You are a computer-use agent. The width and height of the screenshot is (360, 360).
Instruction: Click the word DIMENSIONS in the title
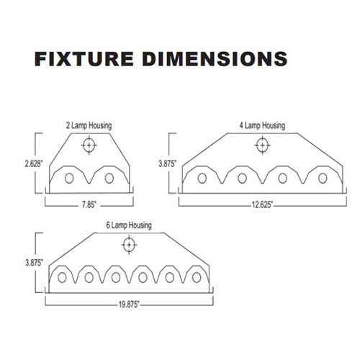coord(215,59)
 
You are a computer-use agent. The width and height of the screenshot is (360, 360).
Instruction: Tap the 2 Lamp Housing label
coord(89,125)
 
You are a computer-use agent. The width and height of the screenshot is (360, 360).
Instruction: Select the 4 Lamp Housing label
coord(262,125)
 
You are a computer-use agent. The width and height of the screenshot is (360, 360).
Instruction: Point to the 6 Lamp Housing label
coord(129,225)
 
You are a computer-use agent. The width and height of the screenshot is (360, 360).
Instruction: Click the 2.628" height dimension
coord(34,163)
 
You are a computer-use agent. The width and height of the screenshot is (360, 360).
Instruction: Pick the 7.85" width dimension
coord(89,205)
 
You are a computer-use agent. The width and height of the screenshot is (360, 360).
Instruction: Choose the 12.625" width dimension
coord(262,205)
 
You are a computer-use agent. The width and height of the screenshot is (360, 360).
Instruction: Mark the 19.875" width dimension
coord(129,305)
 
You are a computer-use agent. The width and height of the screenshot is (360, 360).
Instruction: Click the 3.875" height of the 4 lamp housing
coord(167,163)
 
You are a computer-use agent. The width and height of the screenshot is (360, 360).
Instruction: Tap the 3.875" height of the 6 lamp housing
coord(34,263)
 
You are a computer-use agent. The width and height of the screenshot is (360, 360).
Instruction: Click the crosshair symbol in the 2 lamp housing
coord(89,145)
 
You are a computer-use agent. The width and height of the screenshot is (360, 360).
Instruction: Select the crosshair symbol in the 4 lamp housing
coord(262,145)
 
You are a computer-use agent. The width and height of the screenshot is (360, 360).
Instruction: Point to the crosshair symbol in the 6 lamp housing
coord(129,245)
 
